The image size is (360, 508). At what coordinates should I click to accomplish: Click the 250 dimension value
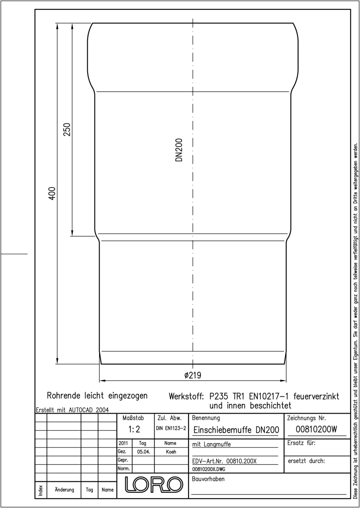point(67,129)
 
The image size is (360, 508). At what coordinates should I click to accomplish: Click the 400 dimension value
point(52,193)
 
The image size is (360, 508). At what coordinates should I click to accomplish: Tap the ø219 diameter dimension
point(193,375)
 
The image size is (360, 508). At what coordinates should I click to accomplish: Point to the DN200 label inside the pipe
point(179,150)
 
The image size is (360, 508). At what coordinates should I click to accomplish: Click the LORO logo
point(154,484)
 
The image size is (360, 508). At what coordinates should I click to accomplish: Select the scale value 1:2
point(134,429)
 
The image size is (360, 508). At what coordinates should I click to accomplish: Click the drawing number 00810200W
point(316,429)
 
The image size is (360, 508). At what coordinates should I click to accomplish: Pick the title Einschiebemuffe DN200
point(236,430)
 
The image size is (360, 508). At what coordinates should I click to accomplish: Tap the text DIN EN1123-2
point(171,428)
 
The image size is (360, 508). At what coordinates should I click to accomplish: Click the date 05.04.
point(144,452)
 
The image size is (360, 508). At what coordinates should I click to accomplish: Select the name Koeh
point(171,452)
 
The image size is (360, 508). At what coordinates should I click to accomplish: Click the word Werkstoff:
point(186,396)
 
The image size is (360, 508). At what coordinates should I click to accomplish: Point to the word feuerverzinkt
point(316,396)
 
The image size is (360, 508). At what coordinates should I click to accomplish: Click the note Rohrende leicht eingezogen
point(97,396)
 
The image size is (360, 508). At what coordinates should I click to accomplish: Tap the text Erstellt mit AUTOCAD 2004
point(72,410)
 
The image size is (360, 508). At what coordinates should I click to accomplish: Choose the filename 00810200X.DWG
point(209,469)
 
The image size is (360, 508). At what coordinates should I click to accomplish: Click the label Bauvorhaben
point(208,479)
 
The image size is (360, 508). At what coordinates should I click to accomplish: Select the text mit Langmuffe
point(211,444)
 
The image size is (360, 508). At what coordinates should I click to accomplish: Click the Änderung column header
point(64,490)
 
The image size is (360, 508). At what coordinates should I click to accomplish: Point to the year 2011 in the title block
point(123,443)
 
